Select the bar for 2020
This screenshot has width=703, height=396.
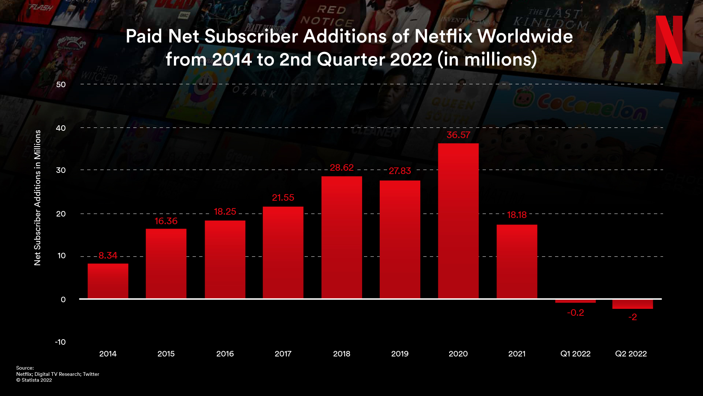point(458,221)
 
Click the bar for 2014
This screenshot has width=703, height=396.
point(108,281)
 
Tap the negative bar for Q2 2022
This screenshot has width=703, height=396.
point(632,304)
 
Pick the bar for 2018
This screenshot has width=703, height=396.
point(342,237)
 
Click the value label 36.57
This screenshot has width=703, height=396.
point(458,135)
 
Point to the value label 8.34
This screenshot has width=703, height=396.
point(108,256)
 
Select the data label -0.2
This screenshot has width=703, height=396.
point(575,313)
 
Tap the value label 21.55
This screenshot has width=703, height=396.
point(283,198)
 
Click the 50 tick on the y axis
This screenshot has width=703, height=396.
point(61,85)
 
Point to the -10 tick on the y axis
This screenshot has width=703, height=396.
point(60,342)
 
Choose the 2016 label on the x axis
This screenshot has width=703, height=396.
point(225,354)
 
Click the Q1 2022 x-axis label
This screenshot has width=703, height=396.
point(575,354)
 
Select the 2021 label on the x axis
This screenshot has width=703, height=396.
point(517,354)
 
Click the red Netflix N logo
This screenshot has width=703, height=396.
point(669,40)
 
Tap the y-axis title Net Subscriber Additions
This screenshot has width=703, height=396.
point(37,198)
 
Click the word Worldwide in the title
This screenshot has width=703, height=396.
point(525,36)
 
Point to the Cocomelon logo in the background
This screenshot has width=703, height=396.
point(580,106)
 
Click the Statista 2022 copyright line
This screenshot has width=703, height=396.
point(34,380)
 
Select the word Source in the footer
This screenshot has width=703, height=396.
point(25,368)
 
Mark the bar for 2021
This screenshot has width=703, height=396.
point(517,262)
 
